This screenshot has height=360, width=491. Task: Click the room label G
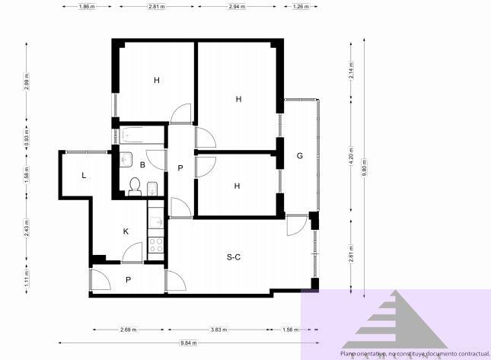[x=300, y=156]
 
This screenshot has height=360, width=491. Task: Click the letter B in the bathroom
[x=142, y=164]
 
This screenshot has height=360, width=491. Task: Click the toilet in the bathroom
[x=135, y=186]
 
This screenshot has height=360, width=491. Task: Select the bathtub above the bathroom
[x=142, y=136]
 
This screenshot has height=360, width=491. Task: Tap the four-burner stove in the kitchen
[x=157, y=245]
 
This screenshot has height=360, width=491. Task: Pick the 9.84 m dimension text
[x=188, y=343]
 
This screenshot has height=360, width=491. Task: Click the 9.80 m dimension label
[x=365, y=166]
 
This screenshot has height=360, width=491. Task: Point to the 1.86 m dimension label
[x=88, y=6]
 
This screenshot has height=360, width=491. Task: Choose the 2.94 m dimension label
[x=237, y=6]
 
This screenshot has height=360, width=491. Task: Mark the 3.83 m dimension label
[x=220, y=330]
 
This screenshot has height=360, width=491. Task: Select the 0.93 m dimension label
[x=26, y=141]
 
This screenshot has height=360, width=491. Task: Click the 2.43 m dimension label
[x=26, y=229]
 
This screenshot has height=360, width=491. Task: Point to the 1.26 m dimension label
[x=301, y=6]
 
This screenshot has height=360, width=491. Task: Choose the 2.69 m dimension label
[x=128, y=330]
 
